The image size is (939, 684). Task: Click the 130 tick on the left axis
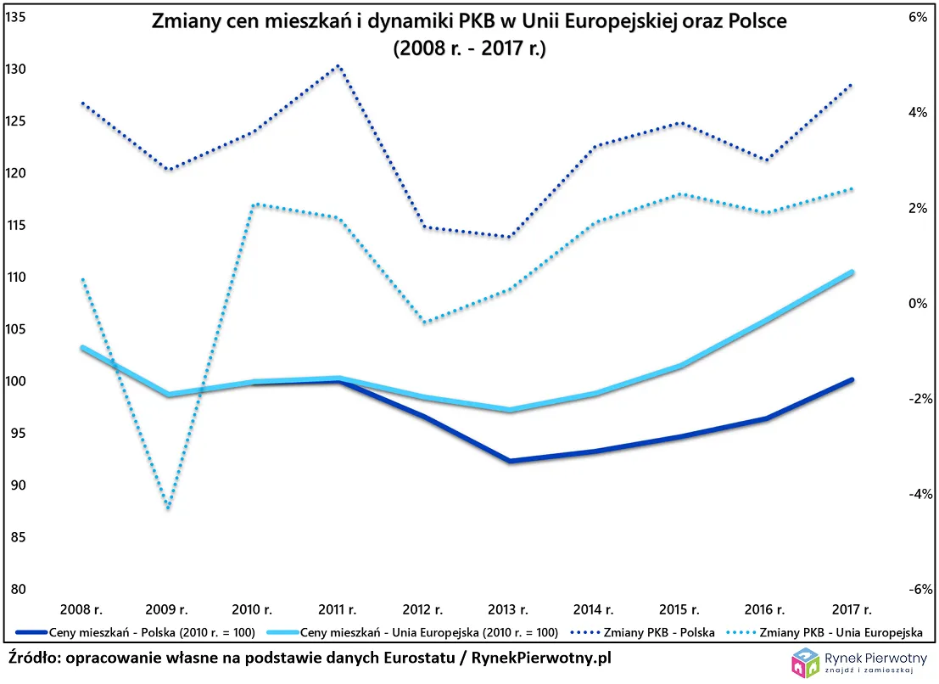15,69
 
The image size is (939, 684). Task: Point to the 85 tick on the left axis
15,538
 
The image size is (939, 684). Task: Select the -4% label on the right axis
921,494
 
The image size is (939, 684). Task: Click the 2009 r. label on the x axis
167,609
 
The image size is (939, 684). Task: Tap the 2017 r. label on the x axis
852,609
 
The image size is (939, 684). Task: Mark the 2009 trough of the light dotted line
168,508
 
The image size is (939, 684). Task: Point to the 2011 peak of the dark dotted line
338,65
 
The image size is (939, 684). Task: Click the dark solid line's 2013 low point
511,462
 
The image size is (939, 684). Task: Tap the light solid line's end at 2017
852,272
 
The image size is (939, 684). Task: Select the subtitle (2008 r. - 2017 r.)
469,48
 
